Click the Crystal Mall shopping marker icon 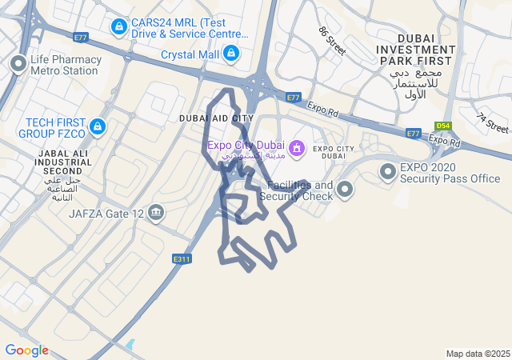pyautogui.click(x=231, y=54)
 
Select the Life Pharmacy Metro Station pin pyautogui.click(x=18, y=63)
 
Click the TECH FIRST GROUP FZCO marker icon pyautogui.click(x=98, y=126)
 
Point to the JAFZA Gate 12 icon pyautogui.click(x=156, y=213)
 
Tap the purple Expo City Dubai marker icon pyautogui.click(x=297, y=147)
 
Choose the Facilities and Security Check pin pyautogui.click(x=345, y=190)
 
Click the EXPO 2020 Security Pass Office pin pyautogui.click(x=388, y=171)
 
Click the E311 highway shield pyautogui.click(x=182, y=258)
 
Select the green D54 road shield pyautogui.click(x=442, y=126)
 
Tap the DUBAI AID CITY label pyautogui.click(x=216, y=118)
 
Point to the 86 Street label pyautogui.click(x=331, y=41)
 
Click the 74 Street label pyautogui.click(x=492, y=122)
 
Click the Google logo pyautogui.click(x=26, y=350)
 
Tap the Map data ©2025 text pyautogui.click(x=478, y=354)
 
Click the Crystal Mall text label pyautogui.click(x=190, y=54)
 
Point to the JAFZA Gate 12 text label pyautogui.click(x=106, y=214)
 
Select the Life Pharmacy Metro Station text pyautogui.click(x=66, y=65)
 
